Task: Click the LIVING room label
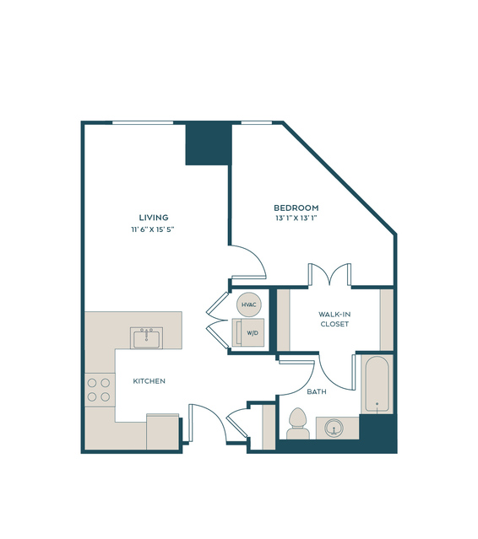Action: coord(154,218)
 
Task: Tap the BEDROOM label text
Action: coord(296,208)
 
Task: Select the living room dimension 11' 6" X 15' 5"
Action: coord(153,229)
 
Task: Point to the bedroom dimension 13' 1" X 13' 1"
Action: coord(296,218)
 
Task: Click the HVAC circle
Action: coord(249,305)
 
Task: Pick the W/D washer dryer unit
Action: coord(248,332)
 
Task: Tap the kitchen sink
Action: coord(147,338)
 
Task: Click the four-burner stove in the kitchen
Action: coord(100,391)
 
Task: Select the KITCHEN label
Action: coord(149,381)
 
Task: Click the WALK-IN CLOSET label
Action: coord(334,319)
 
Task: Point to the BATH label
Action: coord(317,391)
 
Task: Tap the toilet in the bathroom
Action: coord(298,423)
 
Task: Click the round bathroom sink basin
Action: coord(334,428)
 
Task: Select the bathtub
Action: coord(377,384)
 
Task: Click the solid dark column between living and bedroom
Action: coord(209,144)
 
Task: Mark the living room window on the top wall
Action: coord(143,122)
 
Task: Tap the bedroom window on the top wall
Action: coord(257,122)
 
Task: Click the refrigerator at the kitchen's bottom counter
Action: coord(163,431)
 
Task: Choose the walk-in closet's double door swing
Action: coord(329,274)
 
